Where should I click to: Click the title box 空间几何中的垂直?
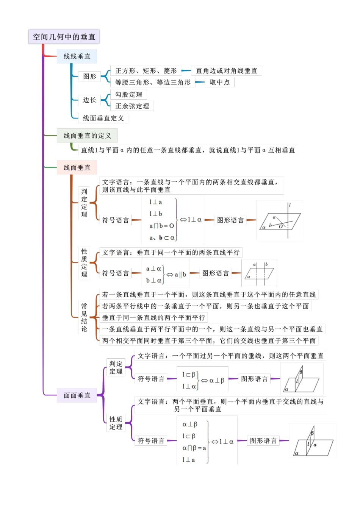click(x=64, y=37)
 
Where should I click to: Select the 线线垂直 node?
click(x=77, y=56)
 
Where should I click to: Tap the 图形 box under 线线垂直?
click(x=89, y=77)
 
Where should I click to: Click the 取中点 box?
click(x=220, y=82)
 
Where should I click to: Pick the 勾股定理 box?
click(x=129, y=94)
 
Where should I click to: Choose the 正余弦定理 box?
click(x=132, y=106)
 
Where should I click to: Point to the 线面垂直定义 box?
click(x=103, y=118)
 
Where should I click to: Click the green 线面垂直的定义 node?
click(x=87, y=136)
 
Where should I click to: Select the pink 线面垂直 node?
click(x=77, y=167)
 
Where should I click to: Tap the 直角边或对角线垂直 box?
click(x=227, y=71)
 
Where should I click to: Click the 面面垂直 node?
click(x=77, y=395)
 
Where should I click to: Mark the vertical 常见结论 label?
click(x=84, y=317)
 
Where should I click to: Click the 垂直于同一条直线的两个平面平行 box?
click(x=153, y=317)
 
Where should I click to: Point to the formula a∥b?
click(x=180, y=275)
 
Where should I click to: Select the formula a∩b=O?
click(x=162, y=226)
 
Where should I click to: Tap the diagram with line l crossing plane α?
click(x=280, y=220)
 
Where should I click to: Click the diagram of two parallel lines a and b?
click(x=260, y=273)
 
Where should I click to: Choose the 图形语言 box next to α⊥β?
click(x=254, y=379)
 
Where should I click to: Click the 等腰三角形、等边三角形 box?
click(x=153, y=82)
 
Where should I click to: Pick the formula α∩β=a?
click(x=194, y=448)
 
